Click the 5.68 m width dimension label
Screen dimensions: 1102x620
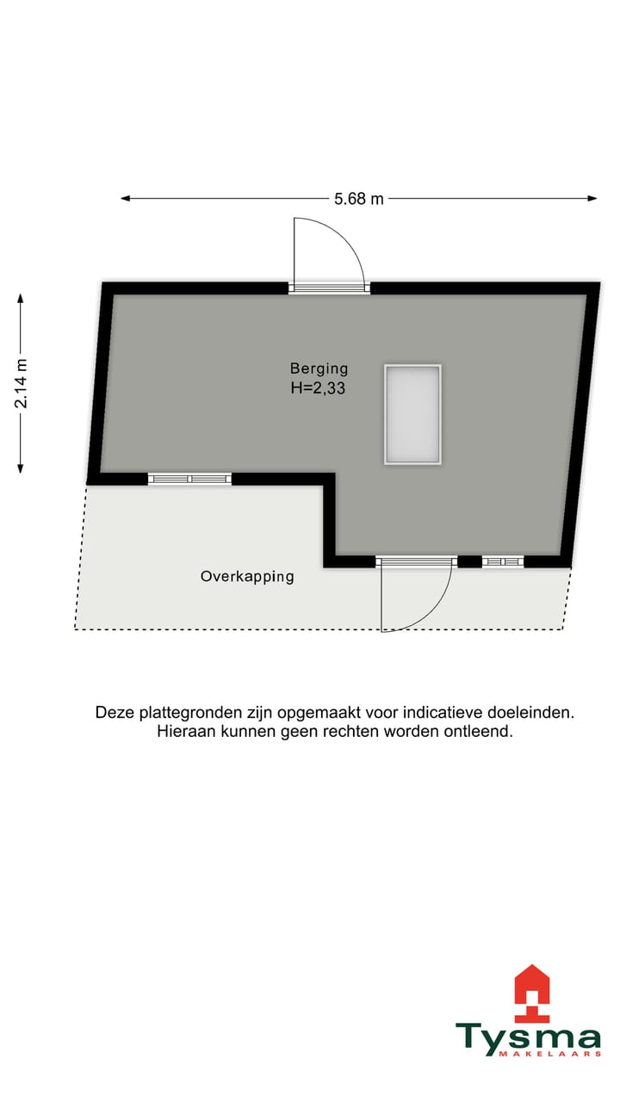pos(359,199)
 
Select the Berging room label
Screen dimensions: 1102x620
pos(318,368)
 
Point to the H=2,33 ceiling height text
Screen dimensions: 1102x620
pos(319,387)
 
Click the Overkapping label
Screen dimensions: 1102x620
pos(247,577)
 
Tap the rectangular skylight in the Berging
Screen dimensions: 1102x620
pos(412,414)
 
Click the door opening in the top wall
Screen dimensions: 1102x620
pos(329,288)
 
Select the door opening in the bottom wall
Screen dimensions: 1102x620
pos(416,561)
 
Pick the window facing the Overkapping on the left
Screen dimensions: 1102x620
pos(189,479)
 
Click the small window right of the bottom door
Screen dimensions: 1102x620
pos(503,561)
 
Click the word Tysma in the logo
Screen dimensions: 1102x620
pos(528,1038)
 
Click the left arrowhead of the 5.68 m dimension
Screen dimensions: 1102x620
pos(125,199)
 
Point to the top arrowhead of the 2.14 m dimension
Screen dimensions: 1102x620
pos(21,298)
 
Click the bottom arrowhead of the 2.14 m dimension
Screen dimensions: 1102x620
pos(21,468)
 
